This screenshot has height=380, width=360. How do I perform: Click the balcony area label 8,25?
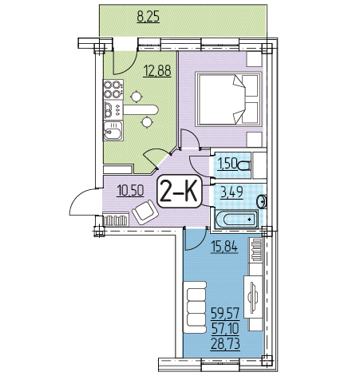point(148,17)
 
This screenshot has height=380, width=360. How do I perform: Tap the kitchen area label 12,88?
point(157,71)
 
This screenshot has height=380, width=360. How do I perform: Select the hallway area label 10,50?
point(130,191)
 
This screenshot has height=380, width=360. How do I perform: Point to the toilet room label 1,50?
point(227,164)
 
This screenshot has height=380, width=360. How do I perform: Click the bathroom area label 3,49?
point(231,192)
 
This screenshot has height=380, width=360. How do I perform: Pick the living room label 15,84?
point(224,247)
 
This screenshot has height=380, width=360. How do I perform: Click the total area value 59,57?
point(226,314)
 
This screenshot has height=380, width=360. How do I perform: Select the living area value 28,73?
point(226,344)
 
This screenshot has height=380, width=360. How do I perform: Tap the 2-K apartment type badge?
point(179,192)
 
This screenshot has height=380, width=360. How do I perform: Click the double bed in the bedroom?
point(228,99)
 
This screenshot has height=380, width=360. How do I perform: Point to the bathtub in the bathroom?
point(236,220)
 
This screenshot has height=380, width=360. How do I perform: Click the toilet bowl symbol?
point(244,166)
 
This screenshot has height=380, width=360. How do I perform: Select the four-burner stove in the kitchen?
point(113,89)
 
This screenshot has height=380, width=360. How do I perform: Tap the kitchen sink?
point(113,130)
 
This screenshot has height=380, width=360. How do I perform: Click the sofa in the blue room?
point(195,307)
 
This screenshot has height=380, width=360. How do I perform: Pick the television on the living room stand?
point(253,296)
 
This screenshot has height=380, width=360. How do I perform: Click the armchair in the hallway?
point(145,212)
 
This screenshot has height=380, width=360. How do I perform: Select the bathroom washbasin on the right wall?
point(263,202)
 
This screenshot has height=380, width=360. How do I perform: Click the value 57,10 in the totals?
point(226,329)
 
